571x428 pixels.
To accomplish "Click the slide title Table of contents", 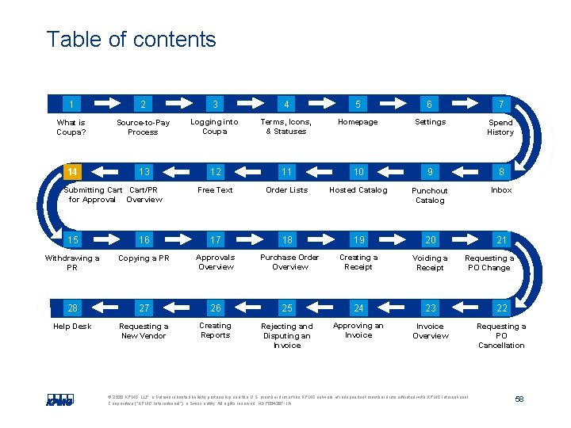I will pyautogui.click(x=131, y=40).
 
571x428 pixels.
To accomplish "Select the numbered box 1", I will pyautogui.click(x=72, y=104).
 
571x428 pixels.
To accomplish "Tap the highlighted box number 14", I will pyautogui.click(x=72, y=172).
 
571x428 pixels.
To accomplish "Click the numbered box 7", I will pyautogui.click(x=500, y=104).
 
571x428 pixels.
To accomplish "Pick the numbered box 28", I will pyautogui.click(x=72, y=308).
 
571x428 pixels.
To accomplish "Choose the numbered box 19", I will pyautogui.click(x=358, y=240).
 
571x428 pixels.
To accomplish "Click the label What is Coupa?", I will pyautogui.click(x=71, y=127).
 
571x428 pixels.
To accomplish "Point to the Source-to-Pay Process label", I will pyautogui.click(x=143, y=127).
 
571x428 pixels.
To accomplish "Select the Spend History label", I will pyautogui.click(x=500, y=127).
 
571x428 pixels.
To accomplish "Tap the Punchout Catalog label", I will pyautogui.click(x=430, y=195).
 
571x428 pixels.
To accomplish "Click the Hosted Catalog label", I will pyautogui.click(x=358, y=190).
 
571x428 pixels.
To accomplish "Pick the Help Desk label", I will pyautogui.click(x=72, y=326).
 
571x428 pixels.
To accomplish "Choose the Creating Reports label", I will pyautogui.click(x=215, y=331).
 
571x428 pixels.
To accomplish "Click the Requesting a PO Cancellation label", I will pyautogui.click(x=501, y=335).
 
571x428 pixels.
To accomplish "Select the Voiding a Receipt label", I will pyautogui.click(x=430, y=262).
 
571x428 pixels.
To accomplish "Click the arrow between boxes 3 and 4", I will pyautogui.click(x=251, y=104).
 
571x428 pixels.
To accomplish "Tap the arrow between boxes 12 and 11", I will pyautogui.click(x=251, y=172).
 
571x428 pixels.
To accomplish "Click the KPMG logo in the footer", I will pyautogui.click(x=60, y=400).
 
